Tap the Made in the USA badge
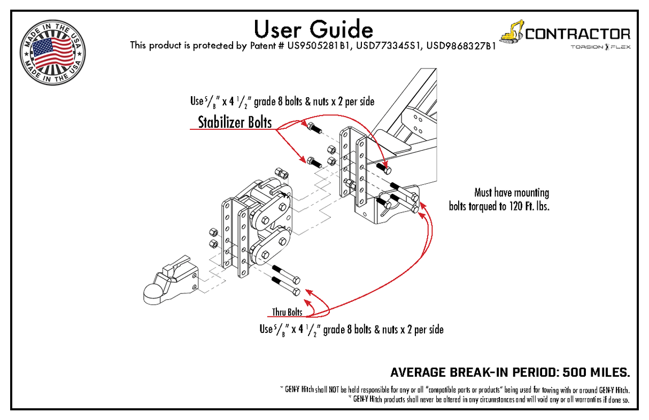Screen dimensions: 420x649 (52, 52)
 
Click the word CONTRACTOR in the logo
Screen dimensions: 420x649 (577, 34)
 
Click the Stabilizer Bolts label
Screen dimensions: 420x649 (235, 122)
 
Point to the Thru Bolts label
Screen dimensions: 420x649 (287, 312)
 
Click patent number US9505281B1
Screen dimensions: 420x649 (318, 46)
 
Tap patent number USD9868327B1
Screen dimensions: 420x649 (461, 46)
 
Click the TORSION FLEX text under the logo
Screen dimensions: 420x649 (600, 48)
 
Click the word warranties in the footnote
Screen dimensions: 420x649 (588, 399)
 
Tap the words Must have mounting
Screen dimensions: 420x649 (511, 192)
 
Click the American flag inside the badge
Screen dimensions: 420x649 (52, 51)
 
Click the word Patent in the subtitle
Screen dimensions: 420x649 (266, 46)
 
